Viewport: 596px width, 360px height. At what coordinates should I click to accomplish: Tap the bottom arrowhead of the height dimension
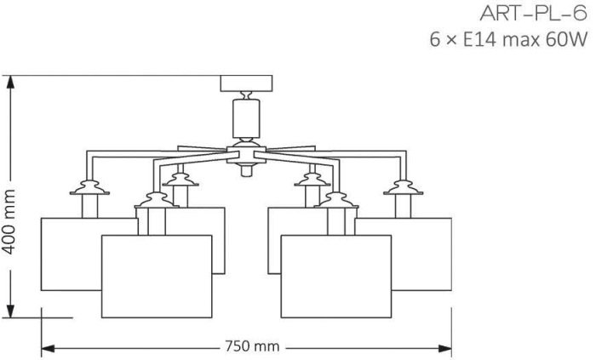(10, 311)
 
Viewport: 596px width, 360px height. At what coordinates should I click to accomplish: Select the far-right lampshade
(421, 254)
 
